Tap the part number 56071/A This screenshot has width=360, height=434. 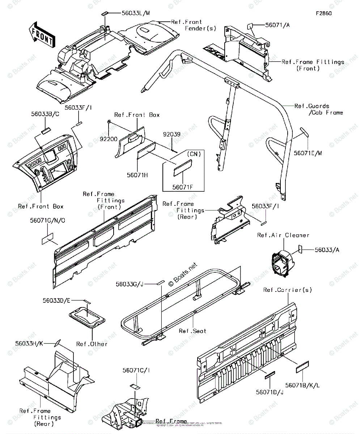tap(277, 25)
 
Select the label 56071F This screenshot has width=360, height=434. tap(183, 187)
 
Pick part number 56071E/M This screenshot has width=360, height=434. tap(308, 153)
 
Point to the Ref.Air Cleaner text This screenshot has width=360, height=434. tap(283, 235)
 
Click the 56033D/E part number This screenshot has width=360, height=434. tap(56, 301)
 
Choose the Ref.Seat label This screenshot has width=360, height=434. tap(192, 331)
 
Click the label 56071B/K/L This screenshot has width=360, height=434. tap(302, 386)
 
